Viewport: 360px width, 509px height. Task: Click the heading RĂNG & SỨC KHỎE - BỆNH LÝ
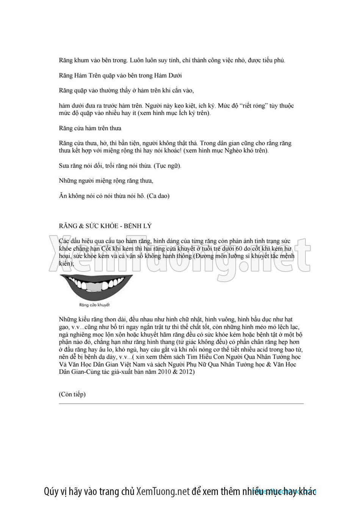point(105,226)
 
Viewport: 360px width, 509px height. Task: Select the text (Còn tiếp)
point(72,394)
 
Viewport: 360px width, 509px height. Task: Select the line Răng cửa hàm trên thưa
point(90,128)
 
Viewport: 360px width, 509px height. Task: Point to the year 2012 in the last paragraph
point(188,372)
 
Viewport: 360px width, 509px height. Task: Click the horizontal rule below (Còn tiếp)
point(181,404)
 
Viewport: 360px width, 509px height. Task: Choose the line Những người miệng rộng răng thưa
point(106,181)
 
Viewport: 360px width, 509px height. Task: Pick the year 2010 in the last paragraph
point(164,372)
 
